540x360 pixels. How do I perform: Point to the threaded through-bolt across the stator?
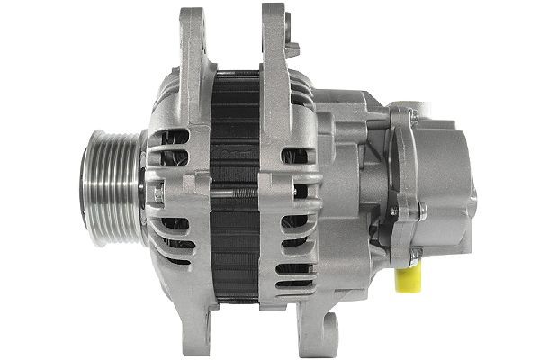(236, 192)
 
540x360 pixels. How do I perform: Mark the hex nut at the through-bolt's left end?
(157, 192)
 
